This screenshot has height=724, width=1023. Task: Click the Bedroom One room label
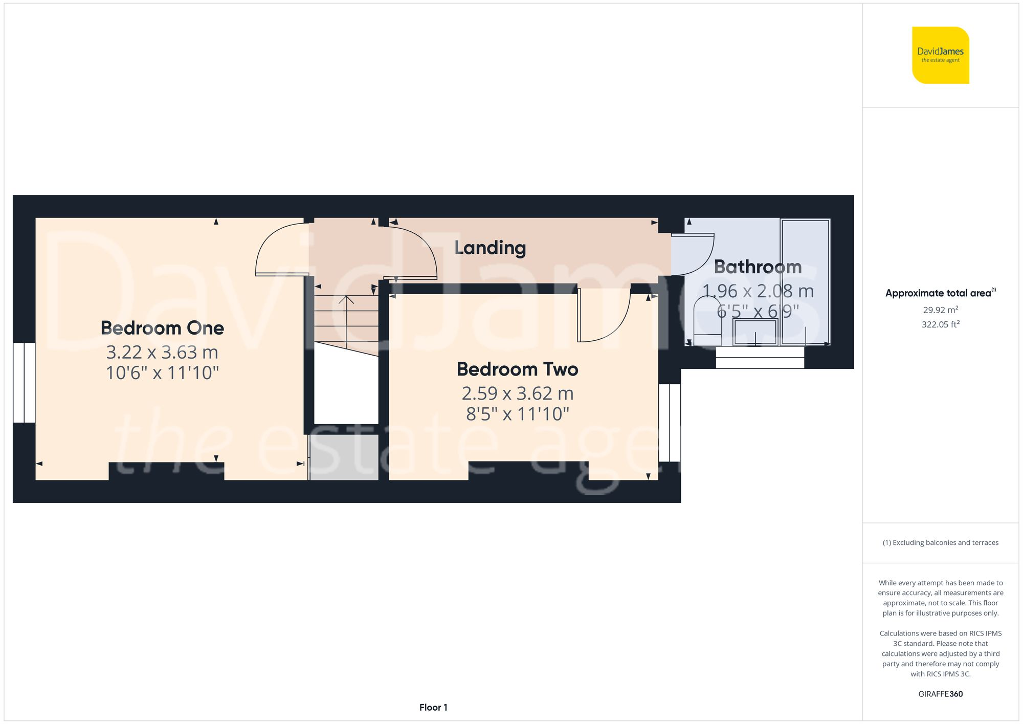[x=162, y=328]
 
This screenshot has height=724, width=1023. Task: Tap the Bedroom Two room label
[x=517, y=369]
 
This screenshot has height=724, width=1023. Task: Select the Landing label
[x=490, y=248]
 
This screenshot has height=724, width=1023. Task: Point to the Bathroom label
[x=758, y=267]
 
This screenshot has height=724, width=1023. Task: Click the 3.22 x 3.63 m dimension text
[x=162, y=353]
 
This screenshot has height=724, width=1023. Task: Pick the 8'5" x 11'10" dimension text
[x=517, y=414]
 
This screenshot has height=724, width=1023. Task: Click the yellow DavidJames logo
[x=940, y=55]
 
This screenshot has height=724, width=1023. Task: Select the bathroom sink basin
[x=755, y=332]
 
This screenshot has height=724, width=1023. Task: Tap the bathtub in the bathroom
[x=805, y=281]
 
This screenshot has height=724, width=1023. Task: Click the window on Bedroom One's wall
[x=24, y=383]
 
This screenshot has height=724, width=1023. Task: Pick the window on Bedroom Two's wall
[x=670, y=423]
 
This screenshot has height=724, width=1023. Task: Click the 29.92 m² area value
[x=940, y=310]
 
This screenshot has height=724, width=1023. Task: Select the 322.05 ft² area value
[x=940, y=324]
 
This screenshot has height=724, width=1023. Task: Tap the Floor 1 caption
[x=433, y=708]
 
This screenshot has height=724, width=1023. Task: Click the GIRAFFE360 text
[x=940, y=694]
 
